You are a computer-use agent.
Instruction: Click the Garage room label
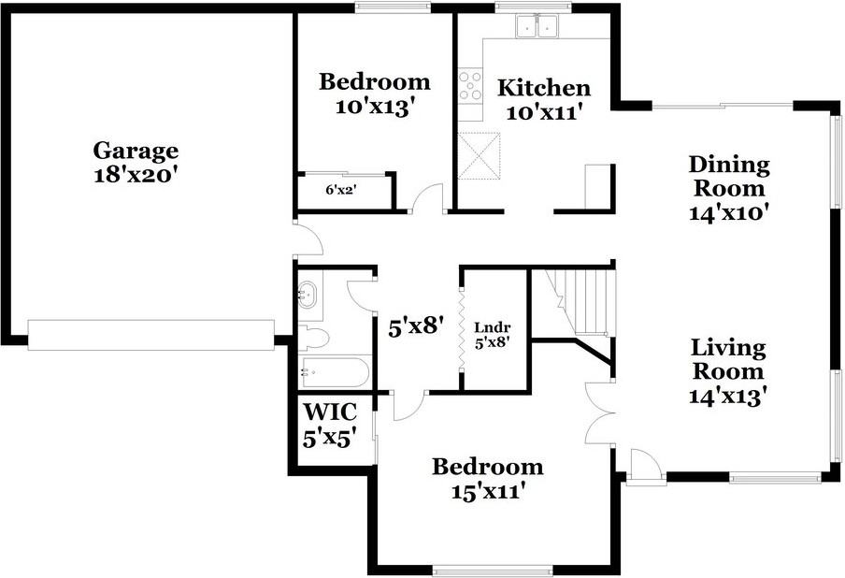tap(136, 151)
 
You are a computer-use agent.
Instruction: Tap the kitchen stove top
tap(470, 86)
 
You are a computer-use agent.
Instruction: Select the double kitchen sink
tap(537, 26)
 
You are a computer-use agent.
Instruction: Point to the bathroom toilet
tap(314, 338)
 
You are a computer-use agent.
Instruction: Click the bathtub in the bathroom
tap(335, 372)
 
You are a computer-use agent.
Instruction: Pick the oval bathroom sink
tap(308, 295)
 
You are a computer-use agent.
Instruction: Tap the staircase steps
tap(586, 302)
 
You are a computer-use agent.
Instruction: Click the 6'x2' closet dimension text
tap(341, 189)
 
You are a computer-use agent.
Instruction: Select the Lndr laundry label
tap(492, 326)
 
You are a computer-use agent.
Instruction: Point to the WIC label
tap(330, 412)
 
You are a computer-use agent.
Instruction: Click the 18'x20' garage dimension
tap(136, 175)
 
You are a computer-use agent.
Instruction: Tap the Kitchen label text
tap(544, 87)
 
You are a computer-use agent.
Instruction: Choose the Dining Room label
tap(729, 177)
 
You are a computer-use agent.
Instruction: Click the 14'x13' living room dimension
tap(728, 397)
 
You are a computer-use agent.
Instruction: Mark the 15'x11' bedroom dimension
tap(488, 491)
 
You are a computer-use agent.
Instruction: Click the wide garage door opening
tap(150, 335)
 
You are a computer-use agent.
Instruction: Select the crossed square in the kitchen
tap(480, 156)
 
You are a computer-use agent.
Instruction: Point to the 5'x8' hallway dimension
tap(416, 326)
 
